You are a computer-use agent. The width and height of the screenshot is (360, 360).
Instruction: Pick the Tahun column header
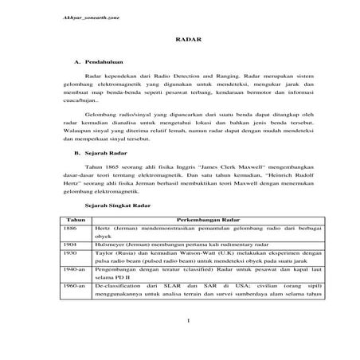click(x=76, y=217)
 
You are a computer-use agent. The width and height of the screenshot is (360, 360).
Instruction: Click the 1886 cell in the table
click(x=72, y=227)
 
